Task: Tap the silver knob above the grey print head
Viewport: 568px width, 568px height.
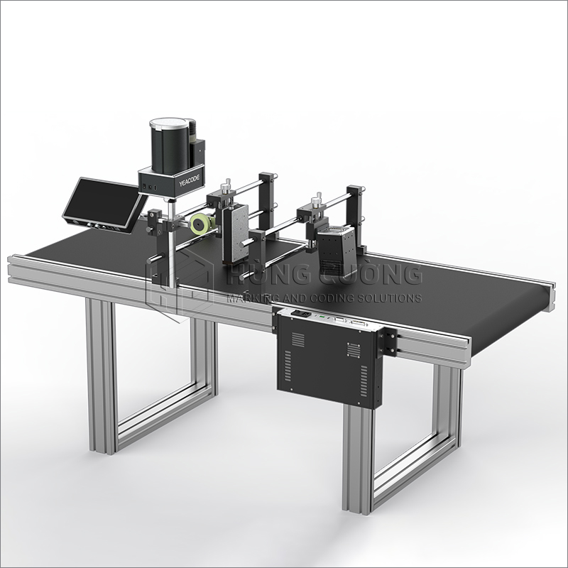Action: click(x=227, y=188)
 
